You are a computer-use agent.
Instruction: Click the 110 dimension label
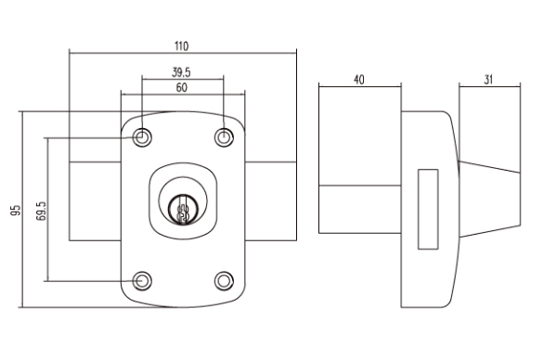click(181, 46)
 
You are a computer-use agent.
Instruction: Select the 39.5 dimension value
click(181, 72)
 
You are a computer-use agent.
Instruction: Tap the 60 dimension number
click(181, 87)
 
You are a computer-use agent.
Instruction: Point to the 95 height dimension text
click(16, 211)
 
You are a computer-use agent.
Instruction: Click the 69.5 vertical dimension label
click(41, 211)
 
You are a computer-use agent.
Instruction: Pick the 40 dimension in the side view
click(359, 80)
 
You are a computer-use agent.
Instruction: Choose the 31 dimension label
click(488, 80)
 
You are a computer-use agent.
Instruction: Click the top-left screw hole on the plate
click(142, 137)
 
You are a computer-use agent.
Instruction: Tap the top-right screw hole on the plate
click(224, 137)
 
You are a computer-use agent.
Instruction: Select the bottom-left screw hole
click(142, 280)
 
